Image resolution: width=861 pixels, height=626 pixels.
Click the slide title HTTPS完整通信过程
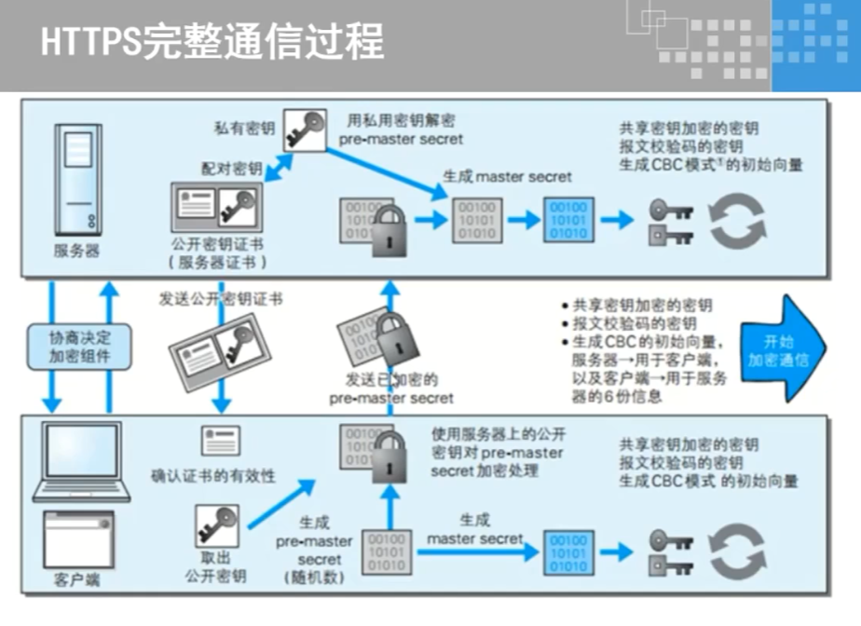[x=212, y=42]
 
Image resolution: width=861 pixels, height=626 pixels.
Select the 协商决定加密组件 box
[x=79, y=347]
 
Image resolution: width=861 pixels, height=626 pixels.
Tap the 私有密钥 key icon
[x=305, y=128]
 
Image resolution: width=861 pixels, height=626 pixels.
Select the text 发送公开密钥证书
[x=221, y=299]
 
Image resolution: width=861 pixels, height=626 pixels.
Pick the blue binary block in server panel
[x=568, y=220]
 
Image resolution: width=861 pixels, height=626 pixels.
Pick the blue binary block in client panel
[x=568, y=552]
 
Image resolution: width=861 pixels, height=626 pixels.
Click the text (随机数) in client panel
[x=313, y=578]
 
